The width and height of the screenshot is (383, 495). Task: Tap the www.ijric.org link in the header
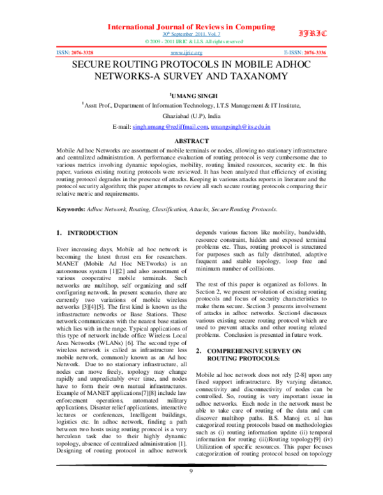coord(190,52)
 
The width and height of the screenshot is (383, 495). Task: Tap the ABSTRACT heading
coord(191,140)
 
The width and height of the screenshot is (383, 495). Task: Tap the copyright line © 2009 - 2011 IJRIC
coord(191,40)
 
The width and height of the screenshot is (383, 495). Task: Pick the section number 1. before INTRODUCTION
coord(59,233)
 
